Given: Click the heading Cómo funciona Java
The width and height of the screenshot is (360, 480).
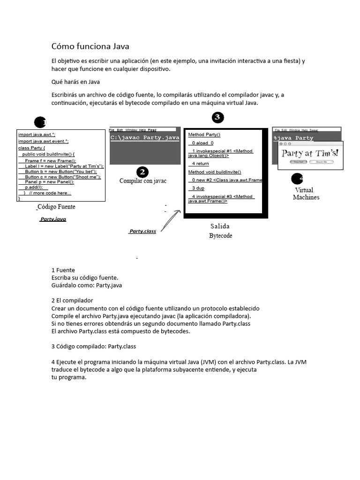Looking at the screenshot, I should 90,46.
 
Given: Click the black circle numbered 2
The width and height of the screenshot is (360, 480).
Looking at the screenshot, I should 142,172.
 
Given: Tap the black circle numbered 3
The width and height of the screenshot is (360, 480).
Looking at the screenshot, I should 217,118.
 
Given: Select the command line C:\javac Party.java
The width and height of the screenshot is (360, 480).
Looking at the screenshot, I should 145,138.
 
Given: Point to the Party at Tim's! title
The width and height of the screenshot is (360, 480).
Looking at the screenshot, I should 309,153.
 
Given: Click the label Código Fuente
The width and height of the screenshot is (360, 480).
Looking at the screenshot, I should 56,207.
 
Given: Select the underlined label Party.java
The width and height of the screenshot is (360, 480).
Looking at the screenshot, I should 53,219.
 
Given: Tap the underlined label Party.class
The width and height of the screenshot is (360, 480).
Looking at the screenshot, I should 142,231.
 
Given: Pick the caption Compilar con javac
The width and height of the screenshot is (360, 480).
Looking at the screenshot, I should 142,181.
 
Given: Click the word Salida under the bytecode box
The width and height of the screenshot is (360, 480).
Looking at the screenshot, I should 220,226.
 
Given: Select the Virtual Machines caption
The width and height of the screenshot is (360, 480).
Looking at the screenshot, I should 306,194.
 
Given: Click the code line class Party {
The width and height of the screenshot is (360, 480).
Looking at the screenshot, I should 32,148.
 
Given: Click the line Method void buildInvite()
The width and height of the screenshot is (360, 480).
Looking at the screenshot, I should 215,172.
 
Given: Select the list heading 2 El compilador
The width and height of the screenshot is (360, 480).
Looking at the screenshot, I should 72,300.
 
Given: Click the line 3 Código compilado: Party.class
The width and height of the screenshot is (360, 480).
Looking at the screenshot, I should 93,346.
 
